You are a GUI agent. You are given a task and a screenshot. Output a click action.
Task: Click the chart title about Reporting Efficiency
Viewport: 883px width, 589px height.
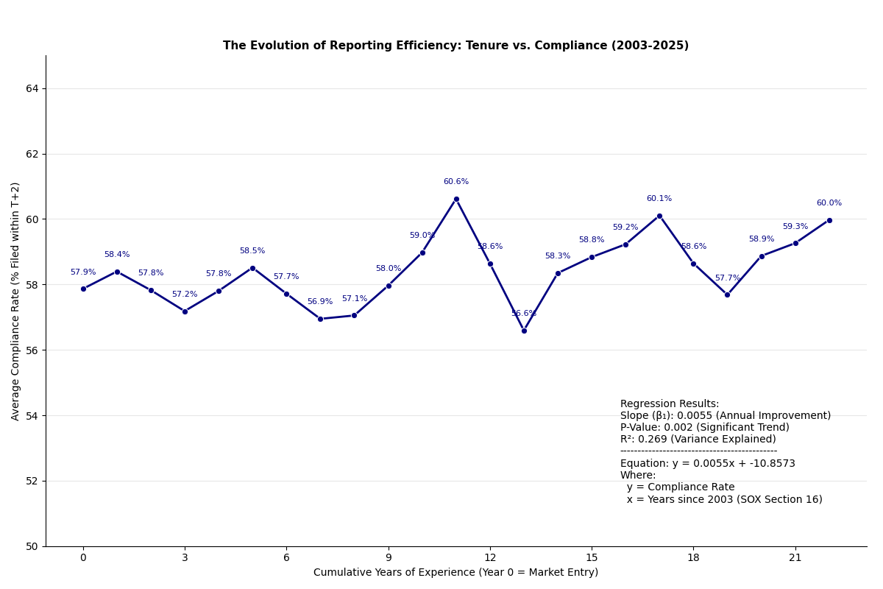coord(455,46)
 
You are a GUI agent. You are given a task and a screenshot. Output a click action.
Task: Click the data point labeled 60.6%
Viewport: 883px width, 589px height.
coord(456,199)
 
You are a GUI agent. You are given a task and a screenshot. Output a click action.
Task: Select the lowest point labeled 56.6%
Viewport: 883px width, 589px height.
coord(524,331)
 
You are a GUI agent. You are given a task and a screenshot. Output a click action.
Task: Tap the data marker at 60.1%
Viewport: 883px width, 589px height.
coord(659,216)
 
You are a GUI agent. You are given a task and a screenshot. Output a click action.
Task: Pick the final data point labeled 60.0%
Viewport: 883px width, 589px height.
coord(829,220)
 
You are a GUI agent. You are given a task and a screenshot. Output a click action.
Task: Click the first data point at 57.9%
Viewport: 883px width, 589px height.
coord(83,289)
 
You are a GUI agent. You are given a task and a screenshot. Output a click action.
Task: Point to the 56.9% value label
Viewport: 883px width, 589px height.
coord(320,302)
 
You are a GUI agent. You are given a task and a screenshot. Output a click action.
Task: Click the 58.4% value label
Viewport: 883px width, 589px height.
coord(117,255)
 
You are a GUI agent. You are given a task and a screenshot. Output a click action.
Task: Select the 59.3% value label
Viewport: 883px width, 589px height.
coord(795,227)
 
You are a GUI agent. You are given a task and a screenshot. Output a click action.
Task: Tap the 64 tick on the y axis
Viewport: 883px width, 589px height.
coord(32,88)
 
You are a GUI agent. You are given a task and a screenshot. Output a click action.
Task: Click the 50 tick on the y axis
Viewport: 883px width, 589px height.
coord(32,546)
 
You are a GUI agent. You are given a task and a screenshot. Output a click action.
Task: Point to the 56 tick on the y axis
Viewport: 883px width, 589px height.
coord(32,350)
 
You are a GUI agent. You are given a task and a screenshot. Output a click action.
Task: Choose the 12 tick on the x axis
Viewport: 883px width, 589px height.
coord(490,558)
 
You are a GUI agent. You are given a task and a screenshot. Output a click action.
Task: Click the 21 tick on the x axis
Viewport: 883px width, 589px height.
coord(795,558)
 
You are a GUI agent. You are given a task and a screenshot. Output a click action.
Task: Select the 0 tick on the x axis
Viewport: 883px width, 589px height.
coord(83,558)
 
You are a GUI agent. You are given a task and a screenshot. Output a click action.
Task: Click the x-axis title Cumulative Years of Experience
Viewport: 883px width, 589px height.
coord(455,573)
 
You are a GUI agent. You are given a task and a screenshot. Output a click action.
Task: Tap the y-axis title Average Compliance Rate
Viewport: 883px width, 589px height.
coord(16,301)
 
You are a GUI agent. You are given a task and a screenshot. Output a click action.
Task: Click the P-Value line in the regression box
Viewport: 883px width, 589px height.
coord(704,428)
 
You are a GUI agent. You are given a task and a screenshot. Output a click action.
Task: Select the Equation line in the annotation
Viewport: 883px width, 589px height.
coord(707,464)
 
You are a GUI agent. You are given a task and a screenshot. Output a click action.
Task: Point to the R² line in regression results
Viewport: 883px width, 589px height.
coord(698,440)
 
